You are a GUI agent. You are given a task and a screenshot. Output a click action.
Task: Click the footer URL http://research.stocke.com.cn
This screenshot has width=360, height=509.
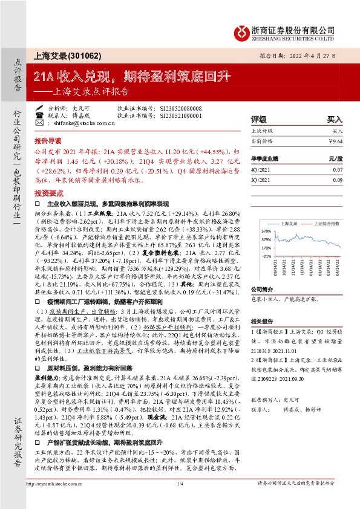click(51, 484)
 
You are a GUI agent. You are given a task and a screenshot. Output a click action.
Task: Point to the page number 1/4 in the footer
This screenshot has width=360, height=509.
click(180, 484)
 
